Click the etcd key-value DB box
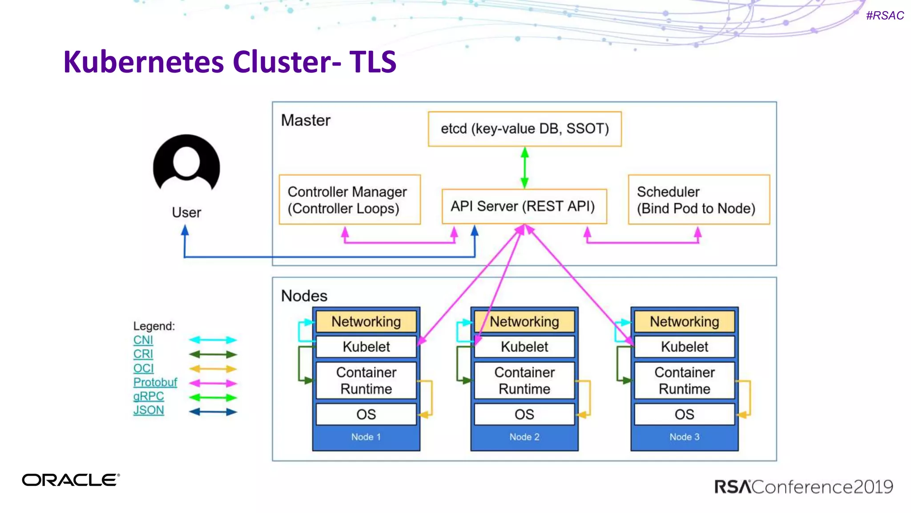point(524,129)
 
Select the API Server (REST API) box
point(524,206)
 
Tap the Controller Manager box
point(349,199)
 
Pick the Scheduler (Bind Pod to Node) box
point(698,199)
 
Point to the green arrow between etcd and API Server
point(524,168)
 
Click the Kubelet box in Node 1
point(366,346)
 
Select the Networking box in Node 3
point(684,322)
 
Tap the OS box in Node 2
point(524,414)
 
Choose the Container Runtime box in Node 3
point(684,380)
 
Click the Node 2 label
point(524,437)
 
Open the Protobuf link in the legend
point(155,382)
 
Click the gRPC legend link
point(149,396)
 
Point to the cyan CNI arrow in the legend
point(213,340)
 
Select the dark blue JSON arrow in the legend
point(213,412)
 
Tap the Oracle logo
point(71,480)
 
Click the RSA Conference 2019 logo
point(803,487)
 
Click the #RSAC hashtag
point(885,16)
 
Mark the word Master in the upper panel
point(306,120)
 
